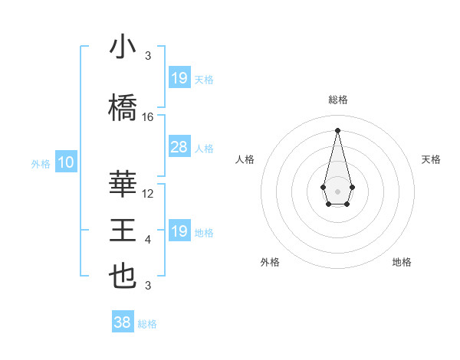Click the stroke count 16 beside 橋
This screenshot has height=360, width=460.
[x=148, y=117]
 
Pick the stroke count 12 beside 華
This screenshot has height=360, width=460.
[x=148, y=194]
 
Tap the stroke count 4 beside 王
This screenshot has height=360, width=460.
[x=148, y=241]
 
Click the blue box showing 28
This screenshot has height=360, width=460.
[x=179, y=148]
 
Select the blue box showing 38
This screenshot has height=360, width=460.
[x=123, y=323]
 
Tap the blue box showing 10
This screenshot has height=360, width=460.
[x=66, y=162]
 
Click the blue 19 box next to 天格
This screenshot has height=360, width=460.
[x=179, y=77]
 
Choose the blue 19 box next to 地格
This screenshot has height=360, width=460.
[x=179, y=231]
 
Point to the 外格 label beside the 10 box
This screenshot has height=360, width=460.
[x=41, y=163]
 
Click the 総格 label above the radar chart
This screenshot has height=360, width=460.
[x=337, y=100]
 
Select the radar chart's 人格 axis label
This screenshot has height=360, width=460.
[x=245, y=159]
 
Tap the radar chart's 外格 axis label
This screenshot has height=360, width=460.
[x=270, y=262]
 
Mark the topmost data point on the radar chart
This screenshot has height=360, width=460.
[x=337, y=129]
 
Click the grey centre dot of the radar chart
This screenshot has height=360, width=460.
[x=337, y=190]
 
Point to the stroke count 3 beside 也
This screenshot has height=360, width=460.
[x=148, y=286]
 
